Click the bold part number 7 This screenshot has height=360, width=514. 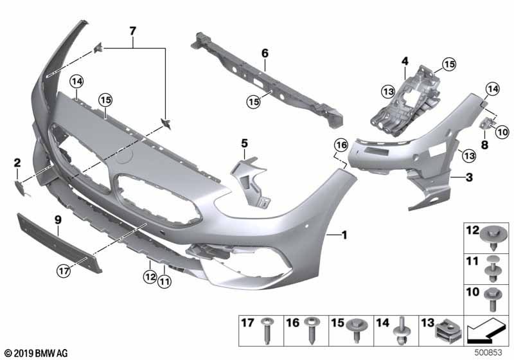[x=132, y=31]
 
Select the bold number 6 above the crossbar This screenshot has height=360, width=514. [x=265, y=53]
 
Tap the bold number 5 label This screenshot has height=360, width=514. [x=245, y=143]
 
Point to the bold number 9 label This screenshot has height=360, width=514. [x=58, y=220]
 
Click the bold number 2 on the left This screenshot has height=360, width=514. [x=17, y=163]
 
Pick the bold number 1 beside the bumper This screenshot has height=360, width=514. [x=344, y=235]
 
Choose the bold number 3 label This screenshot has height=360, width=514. [x=470, y=177]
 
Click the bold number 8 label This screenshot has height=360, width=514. [x=484, y=145]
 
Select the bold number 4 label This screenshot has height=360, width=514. [x=405, y=61]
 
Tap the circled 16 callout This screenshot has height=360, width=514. [x=341, y=145]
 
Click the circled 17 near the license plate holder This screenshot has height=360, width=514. [x=64, y=271]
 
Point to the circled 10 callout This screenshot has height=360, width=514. [x=502, y=132]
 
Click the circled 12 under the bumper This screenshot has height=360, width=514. [x=150, y=277]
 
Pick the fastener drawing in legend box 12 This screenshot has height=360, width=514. [x=493, y=239]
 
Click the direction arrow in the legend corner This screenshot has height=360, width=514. [x=486, y=330]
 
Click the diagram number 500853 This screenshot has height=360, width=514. [x=488, y=353]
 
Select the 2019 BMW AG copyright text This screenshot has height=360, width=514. [x=37, y=354]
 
